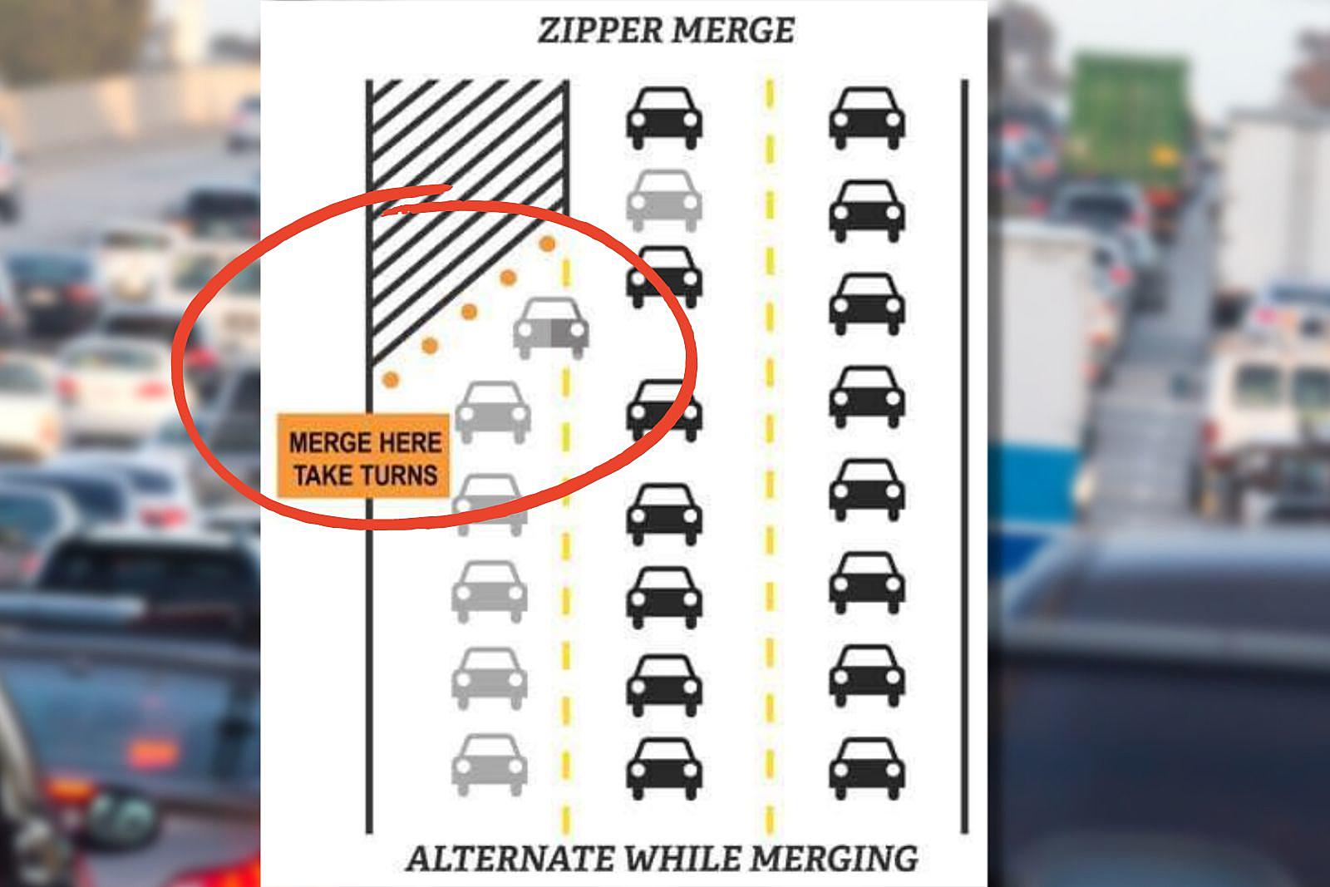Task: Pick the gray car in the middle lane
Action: (x=663, y=200)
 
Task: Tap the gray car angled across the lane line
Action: (x=551, y=328)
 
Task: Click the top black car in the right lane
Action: (x=867, y=119)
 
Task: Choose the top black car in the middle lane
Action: (x=663, y=119)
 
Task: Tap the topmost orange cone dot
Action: (x=547, y=244)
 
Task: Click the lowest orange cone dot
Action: (x=390, y=380)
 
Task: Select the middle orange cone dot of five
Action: (x=470, y=312)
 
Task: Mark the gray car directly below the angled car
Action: (x=493, y=411)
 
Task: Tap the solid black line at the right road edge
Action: (x=964, y=457)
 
